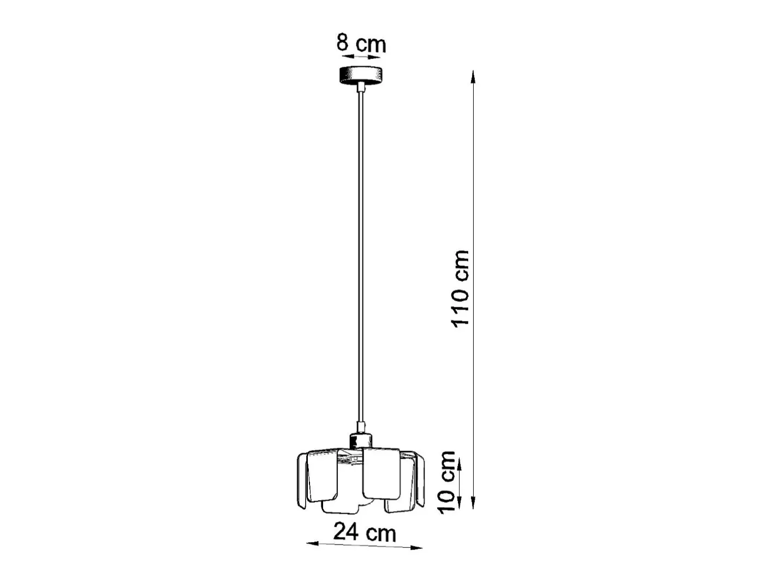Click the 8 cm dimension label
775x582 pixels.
[x=361, y=43]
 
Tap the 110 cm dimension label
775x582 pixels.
[x=461, y=289]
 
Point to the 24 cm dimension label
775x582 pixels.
[x=365, y=532]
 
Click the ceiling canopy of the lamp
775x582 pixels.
[x=361, y=75]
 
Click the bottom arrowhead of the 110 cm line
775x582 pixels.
[x=473, y=502]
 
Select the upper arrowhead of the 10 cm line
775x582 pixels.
[x=460, y=466]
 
